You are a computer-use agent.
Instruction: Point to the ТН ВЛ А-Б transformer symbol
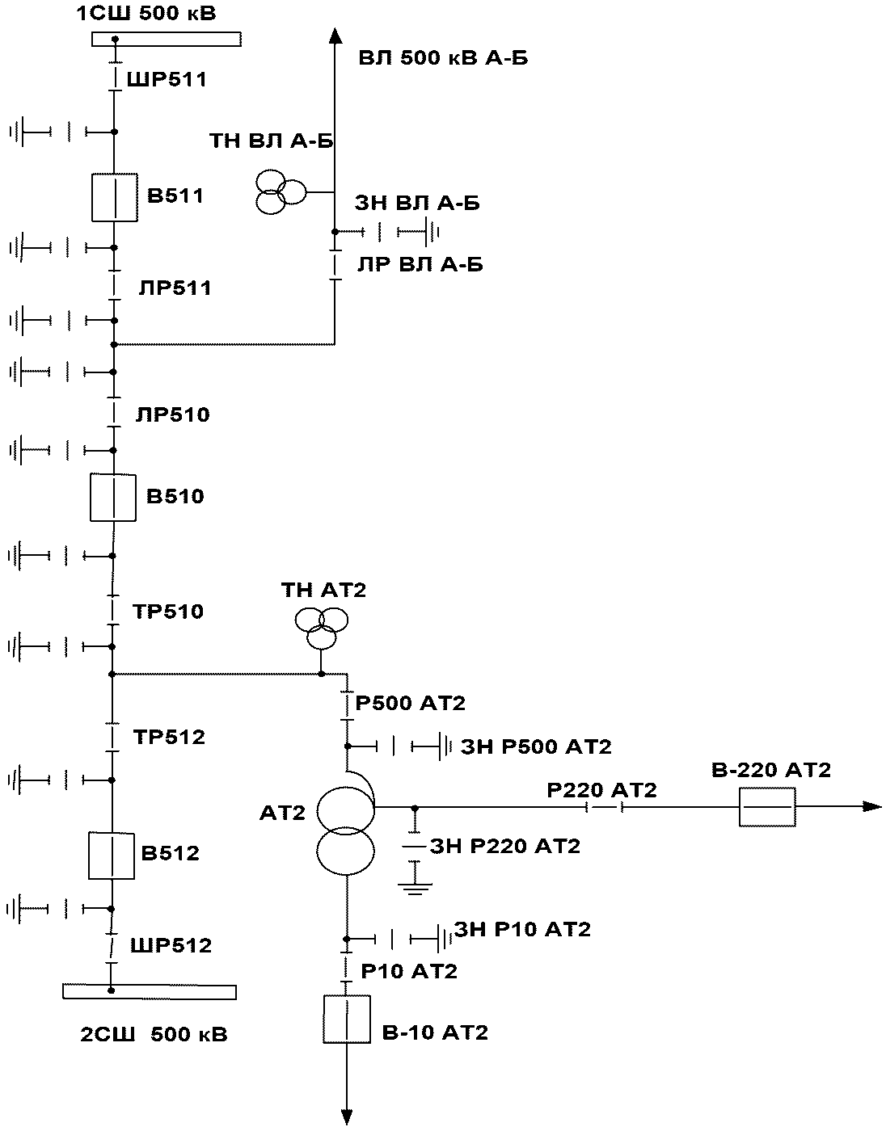pyautogui.click(x=281, y=192)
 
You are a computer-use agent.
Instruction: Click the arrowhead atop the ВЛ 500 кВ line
pyautogui.click(x=335, y=36)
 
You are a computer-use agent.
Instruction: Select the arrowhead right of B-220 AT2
pyautogui.click(x=872, y=807)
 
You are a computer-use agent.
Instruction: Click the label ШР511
pyautogui.click(x=167, y=80)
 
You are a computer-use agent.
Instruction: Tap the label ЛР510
pyautogui.click(x=172, y=414)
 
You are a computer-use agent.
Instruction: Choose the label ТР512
pyautogui.click(x=169, y=737)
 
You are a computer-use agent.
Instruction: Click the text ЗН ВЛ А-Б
pyautogui.click(x=417, y=203)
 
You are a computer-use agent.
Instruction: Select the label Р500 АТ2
pyautogui.click(x=410, y=703)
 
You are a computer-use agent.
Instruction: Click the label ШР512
pyautogui.click(x=171, y=945)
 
